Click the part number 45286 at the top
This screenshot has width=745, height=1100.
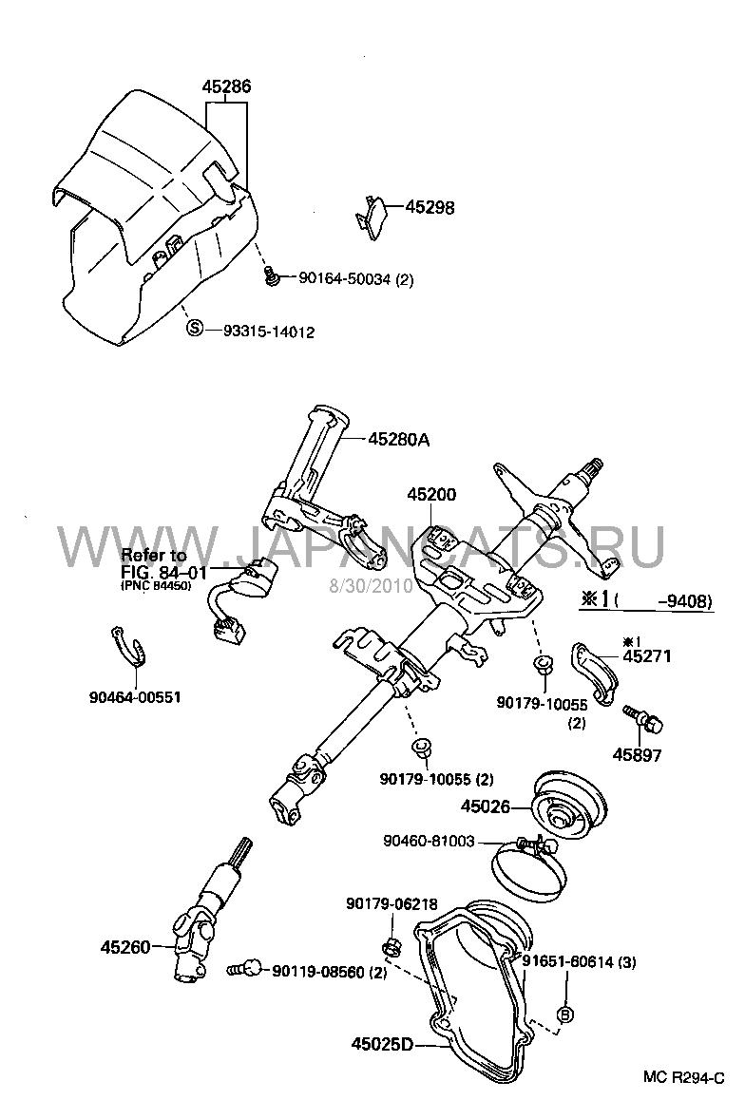click(226, 86)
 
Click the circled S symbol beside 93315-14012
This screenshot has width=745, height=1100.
click(195, 330)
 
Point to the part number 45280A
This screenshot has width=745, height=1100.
click(399, 439)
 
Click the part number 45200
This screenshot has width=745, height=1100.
click(431, 494)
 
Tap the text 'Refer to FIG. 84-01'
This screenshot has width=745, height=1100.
click(154, 562)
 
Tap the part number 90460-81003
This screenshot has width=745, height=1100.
click(429, 840)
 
